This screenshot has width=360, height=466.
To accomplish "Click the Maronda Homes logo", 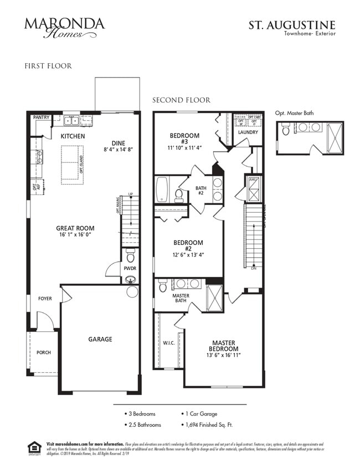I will pyautogui.click(x=64, y=27).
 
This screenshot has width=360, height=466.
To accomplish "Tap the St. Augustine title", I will pyautogui.click(x=291, y=25).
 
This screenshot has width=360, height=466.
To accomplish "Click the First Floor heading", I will pyautogui.click(x=48, y=66).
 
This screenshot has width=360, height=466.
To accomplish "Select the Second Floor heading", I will pyautogui.click(x=181, y=100).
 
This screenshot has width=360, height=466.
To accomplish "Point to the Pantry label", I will pyautogui.click(x=41, y=117).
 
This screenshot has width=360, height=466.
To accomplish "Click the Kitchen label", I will pyautogui.click(x=73, y=136).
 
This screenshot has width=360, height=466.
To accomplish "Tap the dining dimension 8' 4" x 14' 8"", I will pyautogui.click(x=118, y=150).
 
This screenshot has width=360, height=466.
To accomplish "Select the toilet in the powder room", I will pyautogui.click(x=131, y=256).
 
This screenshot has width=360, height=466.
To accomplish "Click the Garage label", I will pyautogui.click(x=100, y=339).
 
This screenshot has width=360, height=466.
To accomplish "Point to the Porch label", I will pyautogui.click(x=44, y=352).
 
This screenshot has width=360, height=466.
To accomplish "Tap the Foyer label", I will pyautogui.click(x=45, y=299).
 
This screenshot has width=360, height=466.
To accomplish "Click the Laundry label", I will pyautogui.click(x=248, y=132).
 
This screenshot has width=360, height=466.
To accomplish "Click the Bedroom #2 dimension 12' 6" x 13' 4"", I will pyautogui.click(x=188, y=255).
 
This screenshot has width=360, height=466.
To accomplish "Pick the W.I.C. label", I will pyautogui.click(x=168, y=342).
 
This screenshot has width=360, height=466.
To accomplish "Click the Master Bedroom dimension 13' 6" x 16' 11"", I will pyautogui.click(x=223, y=355).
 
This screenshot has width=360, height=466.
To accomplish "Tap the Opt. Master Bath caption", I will pyautogui.click(x=294, y=113).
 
